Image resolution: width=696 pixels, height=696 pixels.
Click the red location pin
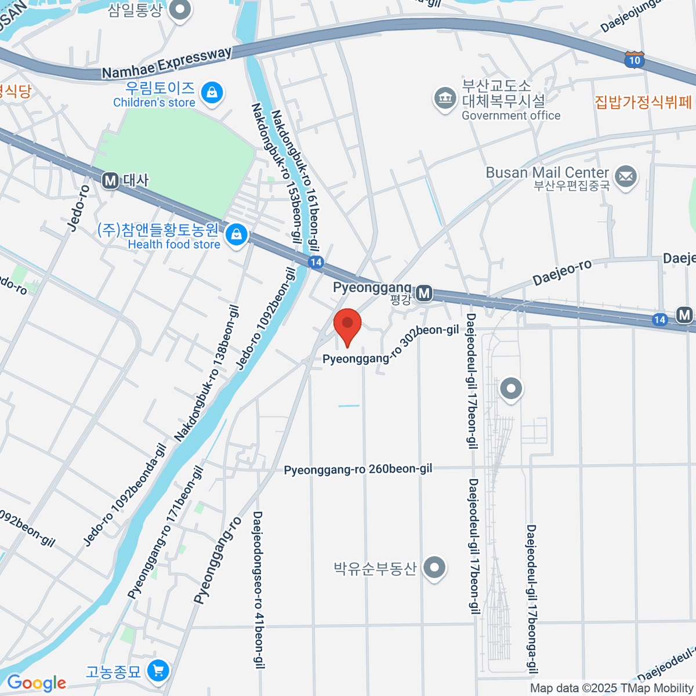click(347, 326)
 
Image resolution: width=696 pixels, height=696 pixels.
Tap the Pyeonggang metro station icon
click(425, 293)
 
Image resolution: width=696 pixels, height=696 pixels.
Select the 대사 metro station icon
click(110, 181)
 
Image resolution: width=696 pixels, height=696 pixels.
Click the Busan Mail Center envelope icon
click(625, 176)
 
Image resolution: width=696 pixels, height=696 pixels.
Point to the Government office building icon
click(445, 99)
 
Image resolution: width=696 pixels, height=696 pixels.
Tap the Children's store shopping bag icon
click(212, 93)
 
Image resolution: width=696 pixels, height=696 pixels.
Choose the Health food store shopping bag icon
click(236, 235)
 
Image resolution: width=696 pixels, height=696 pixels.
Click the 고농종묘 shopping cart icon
click(158, 671)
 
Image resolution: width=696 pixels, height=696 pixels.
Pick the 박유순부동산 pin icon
click(434, 568)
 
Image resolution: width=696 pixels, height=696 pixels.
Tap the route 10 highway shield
click(635, 60)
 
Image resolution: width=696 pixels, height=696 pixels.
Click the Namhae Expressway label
click(166, 63)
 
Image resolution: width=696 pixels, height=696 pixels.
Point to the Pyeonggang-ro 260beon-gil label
click(358, 469)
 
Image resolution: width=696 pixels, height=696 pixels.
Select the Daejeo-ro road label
click(562, 272)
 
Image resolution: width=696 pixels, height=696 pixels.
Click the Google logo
click(37, 683)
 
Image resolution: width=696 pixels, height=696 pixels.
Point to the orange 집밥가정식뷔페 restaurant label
click(643, 103)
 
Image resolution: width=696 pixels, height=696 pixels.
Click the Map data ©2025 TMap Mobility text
click(611, 688)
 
